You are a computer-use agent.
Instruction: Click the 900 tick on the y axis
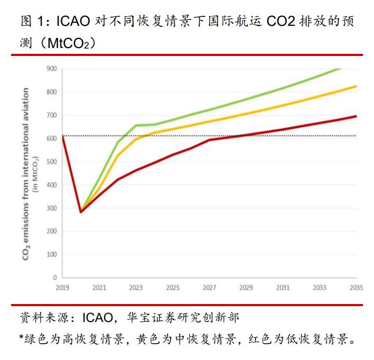pos(52,69)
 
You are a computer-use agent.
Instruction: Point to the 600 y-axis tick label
pos(52,138)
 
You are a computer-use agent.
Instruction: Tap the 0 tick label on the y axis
pos(54,278)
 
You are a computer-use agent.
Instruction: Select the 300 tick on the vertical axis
pos(52,208)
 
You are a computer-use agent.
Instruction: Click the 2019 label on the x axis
pos(62,288)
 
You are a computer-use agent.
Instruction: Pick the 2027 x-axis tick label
pos(209,288)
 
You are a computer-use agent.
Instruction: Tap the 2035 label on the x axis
pos(356,288)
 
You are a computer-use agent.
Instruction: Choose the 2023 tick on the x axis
pos(136,288)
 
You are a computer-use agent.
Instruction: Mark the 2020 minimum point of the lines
pos(81,212)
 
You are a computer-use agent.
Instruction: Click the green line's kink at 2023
pos(136,125)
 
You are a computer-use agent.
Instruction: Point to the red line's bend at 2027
pos(209,140)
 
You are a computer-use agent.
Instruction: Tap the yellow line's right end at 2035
pos(356,86)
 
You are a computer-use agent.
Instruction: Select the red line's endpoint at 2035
pos(356,116)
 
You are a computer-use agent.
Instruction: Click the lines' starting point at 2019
pos(62,136)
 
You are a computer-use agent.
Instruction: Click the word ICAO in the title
pos(76,22)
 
